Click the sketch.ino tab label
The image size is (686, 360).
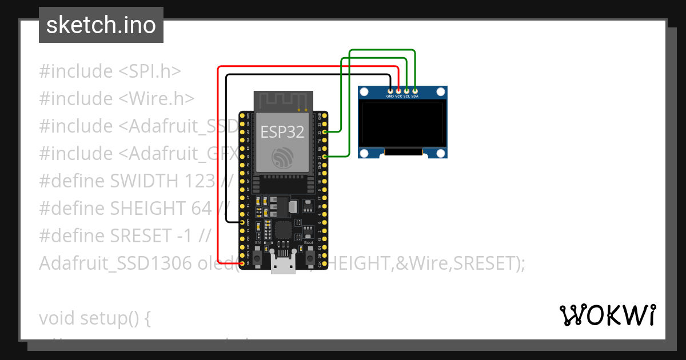pos(101,25)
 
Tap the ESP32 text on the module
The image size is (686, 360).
pos(282,132)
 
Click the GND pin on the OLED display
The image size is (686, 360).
pos(390,90)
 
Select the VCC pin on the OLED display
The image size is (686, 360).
pos(398,90)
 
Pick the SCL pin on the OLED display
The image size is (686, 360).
pos(406,90)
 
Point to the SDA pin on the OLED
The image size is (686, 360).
pos(415,90)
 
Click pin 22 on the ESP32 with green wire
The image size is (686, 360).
pos(325,132)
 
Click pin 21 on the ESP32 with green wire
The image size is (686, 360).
pos(325,156)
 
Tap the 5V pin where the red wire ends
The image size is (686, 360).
pos(242,263)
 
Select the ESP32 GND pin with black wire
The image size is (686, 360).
pos(242,222)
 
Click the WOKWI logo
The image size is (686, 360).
pos(607,315)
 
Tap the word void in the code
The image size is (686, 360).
pos(57,318)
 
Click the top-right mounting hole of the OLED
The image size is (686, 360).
pos(440,91)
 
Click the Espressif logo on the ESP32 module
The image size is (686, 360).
pos(282,157)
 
